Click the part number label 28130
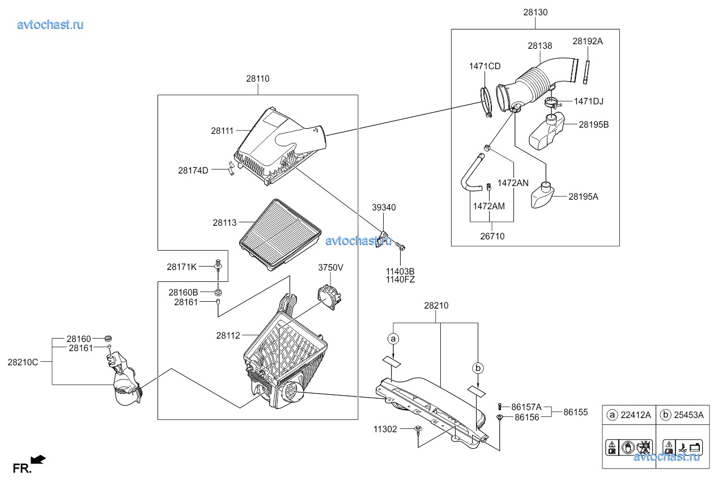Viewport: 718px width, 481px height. tap(536, 12)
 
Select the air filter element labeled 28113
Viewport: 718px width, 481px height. tap(280, 235)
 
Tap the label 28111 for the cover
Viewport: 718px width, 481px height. tap(222, 131)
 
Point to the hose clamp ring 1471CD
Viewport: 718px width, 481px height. tap(486, 102)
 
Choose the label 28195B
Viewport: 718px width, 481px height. tap(594, 124)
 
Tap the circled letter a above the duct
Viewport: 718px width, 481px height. tap(393, 339)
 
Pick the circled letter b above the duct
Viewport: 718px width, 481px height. tap(478, 368)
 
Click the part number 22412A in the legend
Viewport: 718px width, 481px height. tap(636, 415)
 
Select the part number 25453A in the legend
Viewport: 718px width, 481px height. tap(689, 415)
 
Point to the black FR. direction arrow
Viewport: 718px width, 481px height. tap(39, 460)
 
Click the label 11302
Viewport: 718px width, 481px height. tap(385, 429)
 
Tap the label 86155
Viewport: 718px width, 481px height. tap(576, 412)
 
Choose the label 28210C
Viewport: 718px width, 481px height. tap(23, 362)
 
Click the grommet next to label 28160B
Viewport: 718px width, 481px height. tap(218, 292)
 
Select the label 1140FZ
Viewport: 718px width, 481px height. tap(400, 280)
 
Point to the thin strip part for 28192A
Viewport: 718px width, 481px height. tap(587, 72)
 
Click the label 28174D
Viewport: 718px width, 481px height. tap(193, 171)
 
